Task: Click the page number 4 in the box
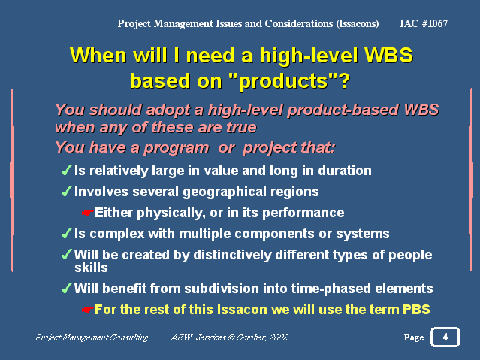tap(445, 337)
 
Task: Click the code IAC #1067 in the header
tap(424, 23)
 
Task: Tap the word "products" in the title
tap(284, 81)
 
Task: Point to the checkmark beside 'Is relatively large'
tap(66, 170)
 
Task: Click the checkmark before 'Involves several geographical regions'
tap(66, 191)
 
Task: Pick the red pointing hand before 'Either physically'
tap(88, 213)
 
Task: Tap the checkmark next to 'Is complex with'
tap(66, 233)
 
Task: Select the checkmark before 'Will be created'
tap(66, 254)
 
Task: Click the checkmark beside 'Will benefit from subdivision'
tap(66, 288)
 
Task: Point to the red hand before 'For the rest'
tap(88, 310)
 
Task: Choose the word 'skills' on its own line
tap(91, 268)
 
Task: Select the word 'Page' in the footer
tap(414, 337)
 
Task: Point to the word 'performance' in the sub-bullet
tap(303, 213)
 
